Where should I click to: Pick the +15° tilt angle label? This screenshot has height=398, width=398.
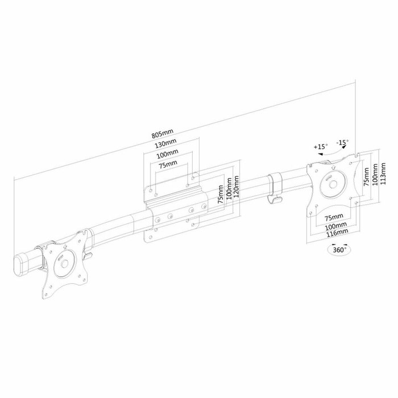(x=320, y=147)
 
